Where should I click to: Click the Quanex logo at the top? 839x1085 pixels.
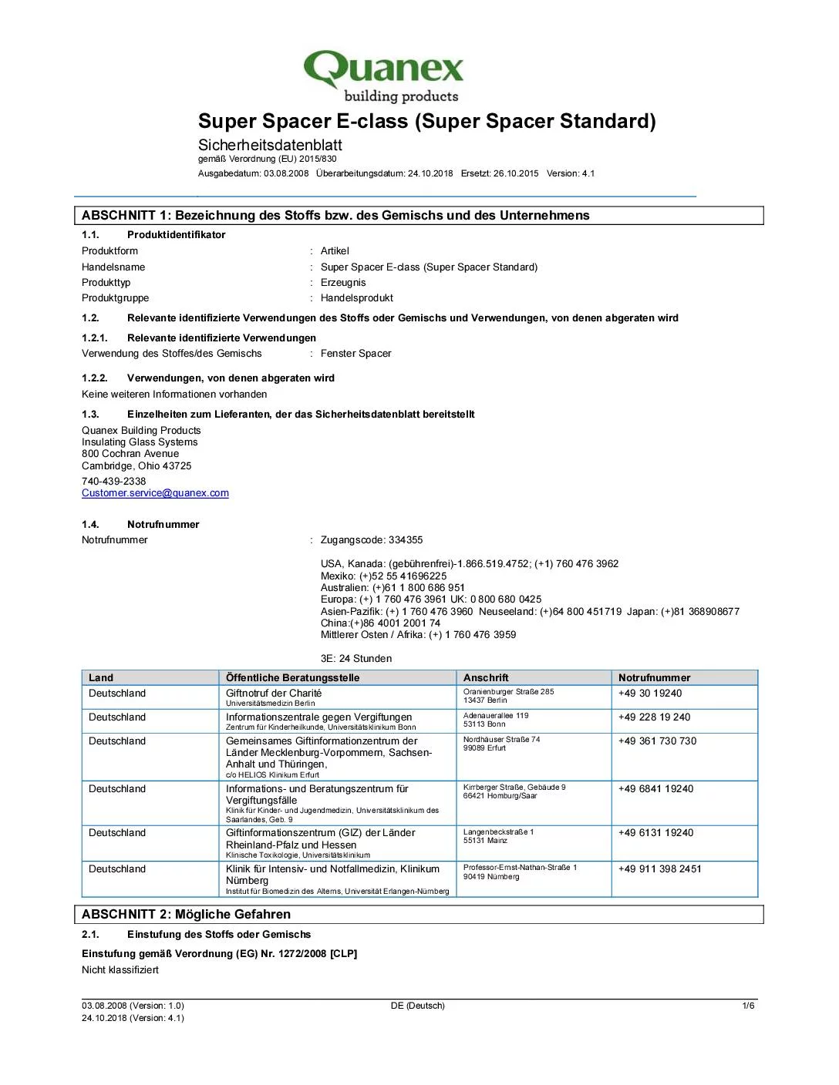click(383, 76)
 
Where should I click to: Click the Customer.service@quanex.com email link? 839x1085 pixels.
click(155, 493)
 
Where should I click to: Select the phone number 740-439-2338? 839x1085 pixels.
click(113, 482)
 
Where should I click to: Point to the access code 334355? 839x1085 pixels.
click(406, 540)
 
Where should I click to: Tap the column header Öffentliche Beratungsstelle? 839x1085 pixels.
click(292, 678)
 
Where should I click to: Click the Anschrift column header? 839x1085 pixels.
click(486, 678)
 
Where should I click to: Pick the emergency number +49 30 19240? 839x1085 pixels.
click(650, 694)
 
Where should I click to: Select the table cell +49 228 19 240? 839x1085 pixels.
click(654, 717)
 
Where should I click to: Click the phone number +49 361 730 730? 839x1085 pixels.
click(657, 741)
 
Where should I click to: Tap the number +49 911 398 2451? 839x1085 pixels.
click(659, 869)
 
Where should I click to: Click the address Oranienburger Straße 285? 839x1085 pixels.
click(508, 692)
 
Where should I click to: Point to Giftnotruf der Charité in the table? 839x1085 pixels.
click(274, 694)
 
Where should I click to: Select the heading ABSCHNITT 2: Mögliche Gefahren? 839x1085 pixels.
click(186, 915)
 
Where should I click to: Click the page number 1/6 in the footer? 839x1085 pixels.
click(748, 1006)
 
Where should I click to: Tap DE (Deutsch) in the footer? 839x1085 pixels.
click(418, 1006)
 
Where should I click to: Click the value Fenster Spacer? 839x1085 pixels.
click(355, 354)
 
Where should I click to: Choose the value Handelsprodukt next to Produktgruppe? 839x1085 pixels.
click(356, 298)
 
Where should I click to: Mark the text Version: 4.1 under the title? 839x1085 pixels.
click(571, 173)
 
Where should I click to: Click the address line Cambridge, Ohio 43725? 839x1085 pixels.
click(136, 466)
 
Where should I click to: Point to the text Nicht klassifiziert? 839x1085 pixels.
click(120, 970)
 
